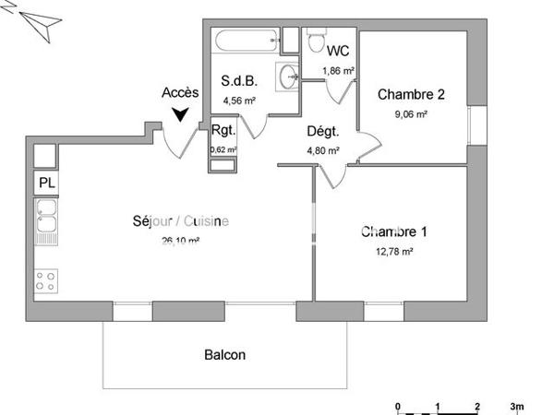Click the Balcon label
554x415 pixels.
[225, 354]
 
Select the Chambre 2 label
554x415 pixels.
[412, 94]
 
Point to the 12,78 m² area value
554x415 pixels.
[393, 250]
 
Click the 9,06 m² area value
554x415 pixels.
[411, 114]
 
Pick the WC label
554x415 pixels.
[338, 51]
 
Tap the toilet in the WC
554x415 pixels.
[314, 43]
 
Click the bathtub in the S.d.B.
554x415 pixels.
[245, 40]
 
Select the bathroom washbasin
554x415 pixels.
[288, 73]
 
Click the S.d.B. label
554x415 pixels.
[237, 81]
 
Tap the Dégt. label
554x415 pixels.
[323, 131]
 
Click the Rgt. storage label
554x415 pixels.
[223, 130]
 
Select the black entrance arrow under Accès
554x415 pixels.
[181, 114]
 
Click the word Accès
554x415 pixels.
[180, 93]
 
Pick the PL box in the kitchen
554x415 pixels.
[46, 183]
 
